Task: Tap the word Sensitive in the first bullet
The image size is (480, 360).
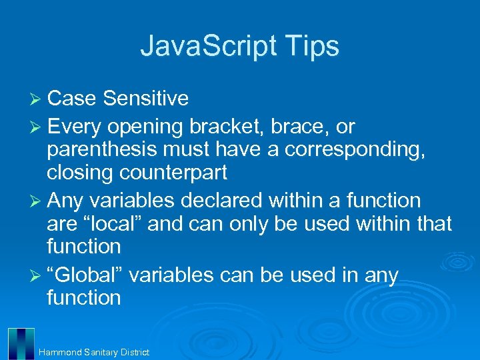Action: pyautogui.click(x=146, y=99)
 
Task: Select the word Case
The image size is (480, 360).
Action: pyautogui.click(x=73, y=99)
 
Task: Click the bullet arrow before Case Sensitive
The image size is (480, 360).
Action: pyautogui.click(x=37, y=99)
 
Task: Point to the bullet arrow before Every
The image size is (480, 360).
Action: pyautogui.click(x=37, y=127)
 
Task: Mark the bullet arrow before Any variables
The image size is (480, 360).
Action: pyautogui.click(x=37, y=201)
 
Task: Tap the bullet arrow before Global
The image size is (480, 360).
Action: pyautogui.click(x=37, y=275)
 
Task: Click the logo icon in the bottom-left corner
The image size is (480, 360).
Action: pyautogui.click(x=21, y=343)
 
